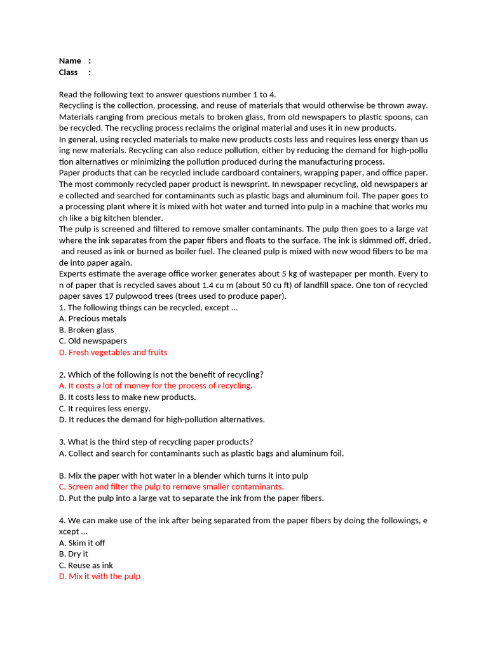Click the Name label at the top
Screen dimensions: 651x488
pos(70,61)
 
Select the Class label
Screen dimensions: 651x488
pos(69,72)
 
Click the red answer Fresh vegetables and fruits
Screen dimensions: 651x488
pos(113,352)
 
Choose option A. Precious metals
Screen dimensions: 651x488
pos(93,319)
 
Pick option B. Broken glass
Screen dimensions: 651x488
pos(86,330)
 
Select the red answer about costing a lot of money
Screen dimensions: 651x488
pos(155,385)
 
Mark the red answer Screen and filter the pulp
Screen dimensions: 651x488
pos(171,486)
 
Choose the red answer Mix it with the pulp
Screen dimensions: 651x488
pos(100,576)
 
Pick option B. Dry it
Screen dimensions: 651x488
pos(74,554)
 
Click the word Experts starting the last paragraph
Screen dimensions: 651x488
pos(74,273)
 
